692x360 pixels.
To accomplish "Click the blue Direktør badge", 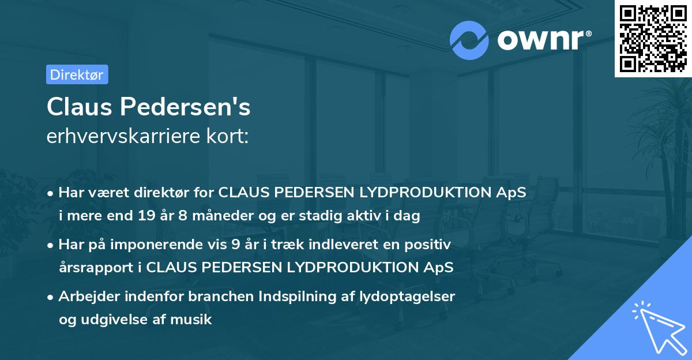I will pyautogui.click(x=77, y=74).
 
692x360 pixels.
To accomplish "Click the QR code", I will pyautogui.click(x=653, y=39).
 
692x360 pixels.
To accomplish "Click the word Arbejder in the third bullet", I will pyautogui.click(x=86, y=297).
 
